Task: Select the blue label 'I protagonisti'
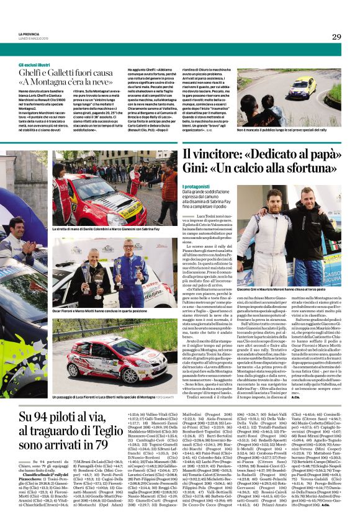197,186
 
